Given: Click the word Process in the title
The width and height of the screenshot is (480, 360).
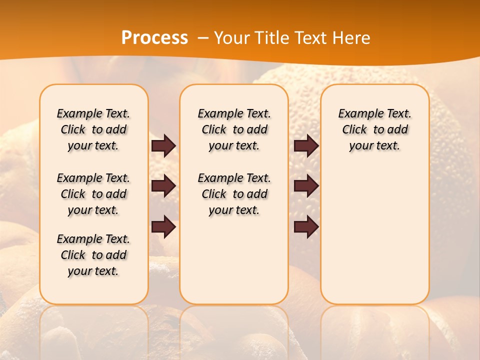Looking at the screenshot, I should point(154,38).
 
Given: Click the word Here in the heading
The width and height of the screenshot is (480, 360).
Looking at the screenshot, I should point(352,38).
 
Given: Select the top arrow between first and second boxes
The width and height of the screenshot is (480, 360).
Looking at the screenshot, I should point(163,145).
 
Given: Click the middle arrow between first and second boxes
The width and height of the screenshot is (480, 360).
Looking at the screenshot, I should point(163,186).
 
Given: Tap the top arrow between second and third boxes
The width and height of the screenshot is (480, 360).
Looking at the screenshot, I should point(306,145).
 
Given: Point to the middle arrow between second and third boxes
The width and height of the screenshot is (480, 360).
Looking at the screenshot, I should point(306,186).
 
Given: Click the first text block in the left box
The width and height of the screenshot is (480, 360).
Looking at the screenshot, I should point(93,129).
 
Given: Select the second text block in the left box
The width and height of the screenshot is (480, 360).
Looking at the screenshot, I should point(93,194).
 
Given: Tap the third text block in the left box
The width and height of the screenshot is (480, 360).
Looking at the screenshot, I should point(93,255).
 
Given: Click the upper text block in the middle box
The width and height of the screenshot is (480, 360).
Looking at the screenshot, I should point(234,129).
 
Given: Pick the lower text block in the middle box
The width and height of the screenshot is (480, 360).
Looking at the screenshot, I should point(234,194).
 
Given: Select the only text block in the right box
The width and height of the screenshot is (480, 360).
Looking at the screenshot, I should point(374,129).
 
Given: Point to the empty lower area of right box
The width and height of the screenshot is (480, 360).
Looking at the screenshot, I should point(374,235).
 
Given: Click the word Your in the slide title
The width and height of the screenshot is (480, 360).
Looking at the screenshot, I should point(231,38).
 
